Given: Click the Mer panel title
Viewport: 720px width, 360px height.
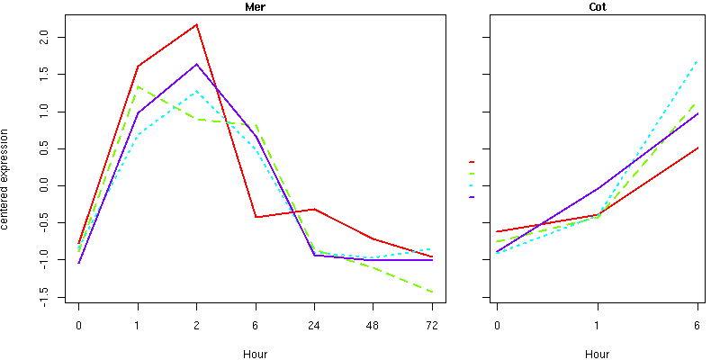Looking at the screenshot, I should [x=255, y=7].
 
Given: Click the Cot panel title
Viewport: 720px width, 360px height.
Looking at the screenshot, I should [x=597, y=7].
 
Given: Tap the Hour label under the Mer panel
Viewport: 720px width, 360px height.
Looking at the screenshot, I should [x=255, y=354].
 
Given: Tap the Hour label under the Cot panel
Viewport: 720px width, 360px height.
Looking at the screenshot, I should [x=597, y=354].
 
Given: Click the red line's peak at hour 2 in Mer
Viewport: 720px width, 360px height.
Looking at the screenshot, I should [x=196, y=24].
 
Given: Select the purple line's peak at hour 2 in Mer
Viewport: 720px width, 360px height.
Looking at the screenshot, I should [x=196, y=64].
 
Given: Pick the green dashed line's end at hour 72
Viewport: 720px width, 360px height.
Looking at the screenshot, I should [x=432, y=292].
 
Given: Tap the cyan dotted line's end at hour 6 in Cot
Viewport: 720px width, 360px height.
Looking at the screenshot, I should [x=697, y=61].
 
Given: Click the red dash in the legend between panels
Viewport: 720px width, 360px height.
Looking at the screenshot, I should [x=472, y=162].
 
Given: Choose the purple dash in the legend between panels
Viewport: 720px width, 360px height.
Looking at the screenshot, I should [x=472, y=196].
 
